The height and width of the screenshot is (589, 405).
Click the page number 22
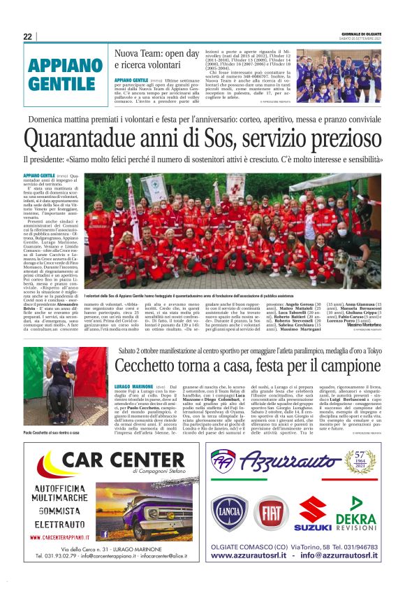27,36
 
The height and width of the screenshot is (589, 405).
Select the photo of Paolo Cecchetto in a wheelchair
66,385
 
